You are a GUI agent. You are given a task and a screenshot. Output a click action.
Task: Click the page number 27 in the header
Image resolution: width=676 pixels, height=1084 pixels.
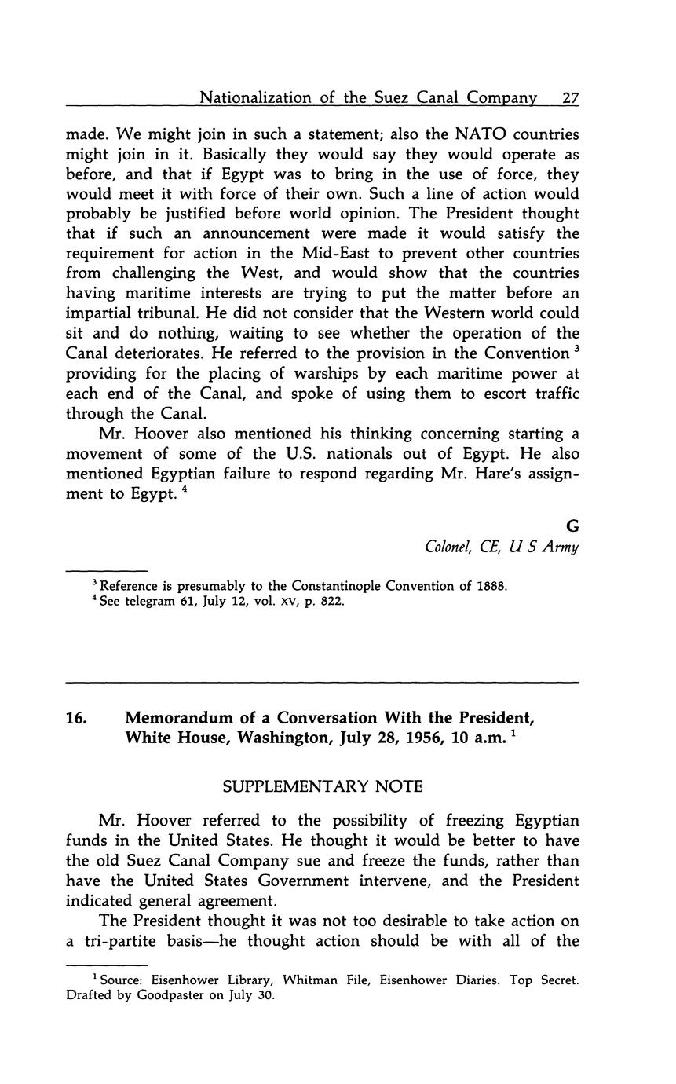click(x=570, y=98)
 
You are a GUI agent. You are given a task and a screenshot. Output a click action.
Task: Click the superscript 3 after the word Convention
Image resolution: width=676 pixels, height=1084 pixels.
click(x=576, y=348)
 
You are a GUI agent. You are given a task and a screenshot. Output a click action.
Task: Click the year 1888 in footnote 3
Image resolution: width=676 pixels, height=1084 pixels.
click(x=492, y=586)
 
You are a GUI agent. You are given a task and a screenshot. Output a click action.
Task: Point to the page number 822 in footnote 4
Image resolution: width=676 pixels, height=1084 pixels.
click(x=331, y=602)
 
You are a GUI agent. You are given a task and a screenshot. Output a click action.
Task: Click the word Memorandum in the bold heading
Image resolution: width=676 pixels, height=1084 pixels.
click(x=180, y=719)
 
